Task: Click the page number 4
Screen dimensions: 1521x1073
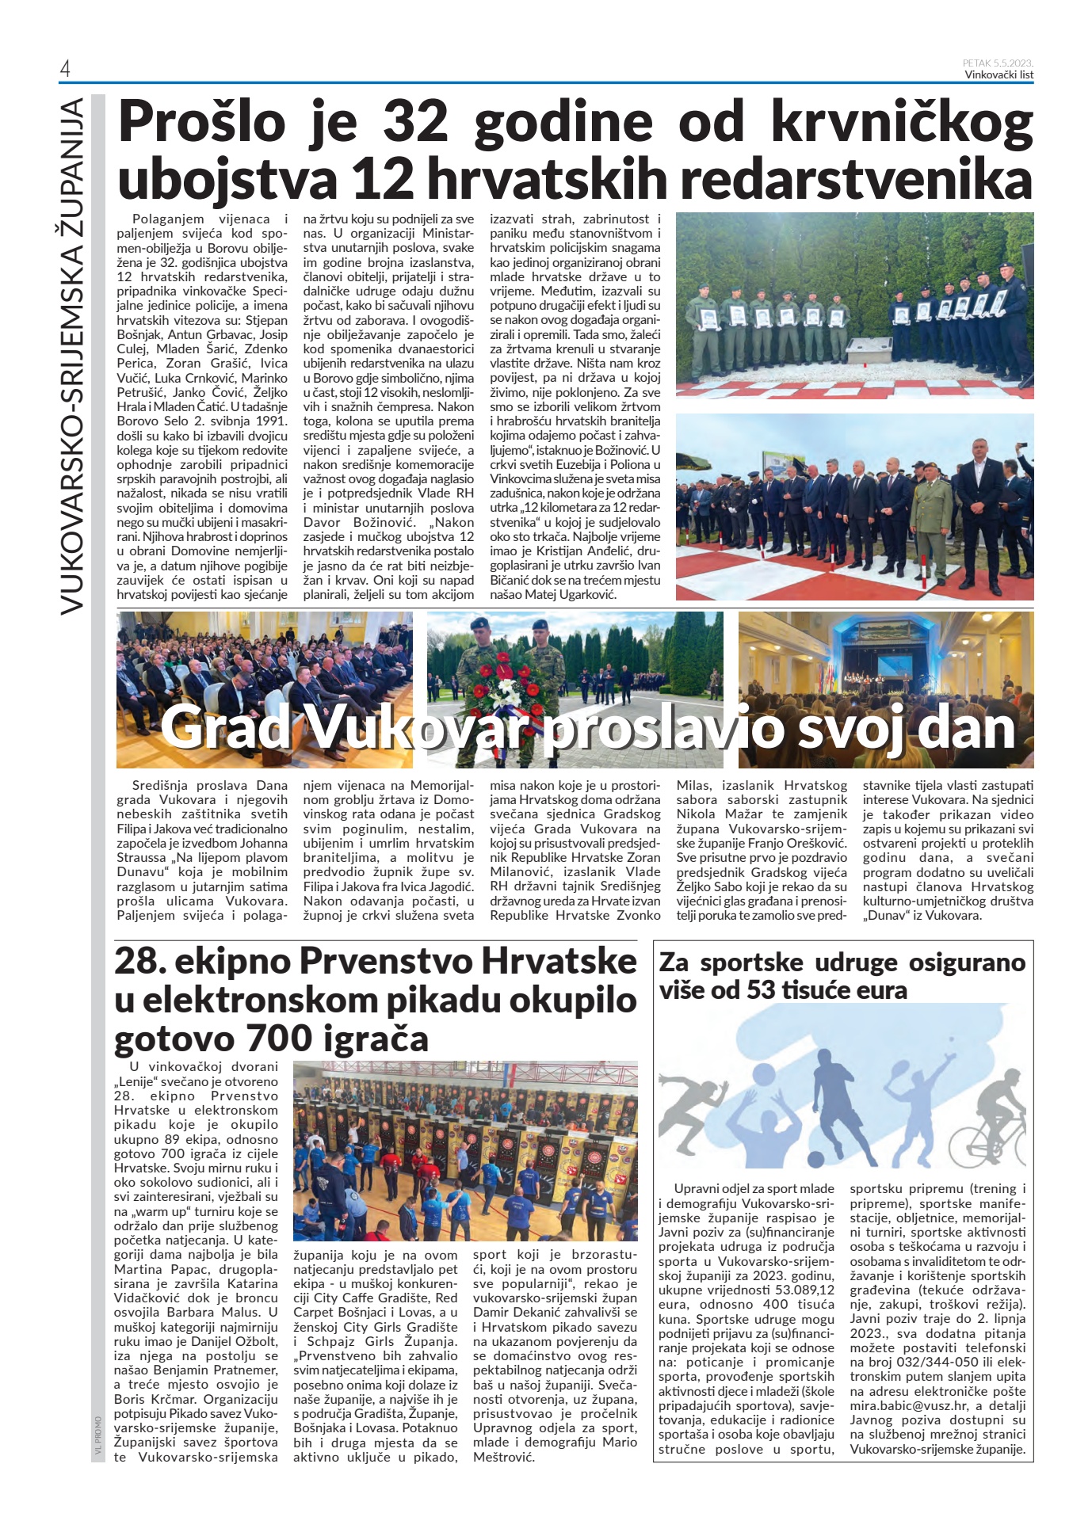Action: (65, 70)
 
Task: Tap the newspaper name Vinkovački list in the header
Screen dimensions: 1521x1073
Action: (999, 75)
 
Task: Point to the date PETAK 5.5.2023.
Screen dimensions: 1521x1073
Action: (998, 63)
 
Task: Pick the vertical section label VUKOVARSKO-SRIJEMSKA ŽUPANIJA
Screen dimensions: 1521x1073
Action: (72, 356)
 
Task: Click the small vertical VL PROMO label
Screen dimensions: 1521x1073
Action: (97, 1437)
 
